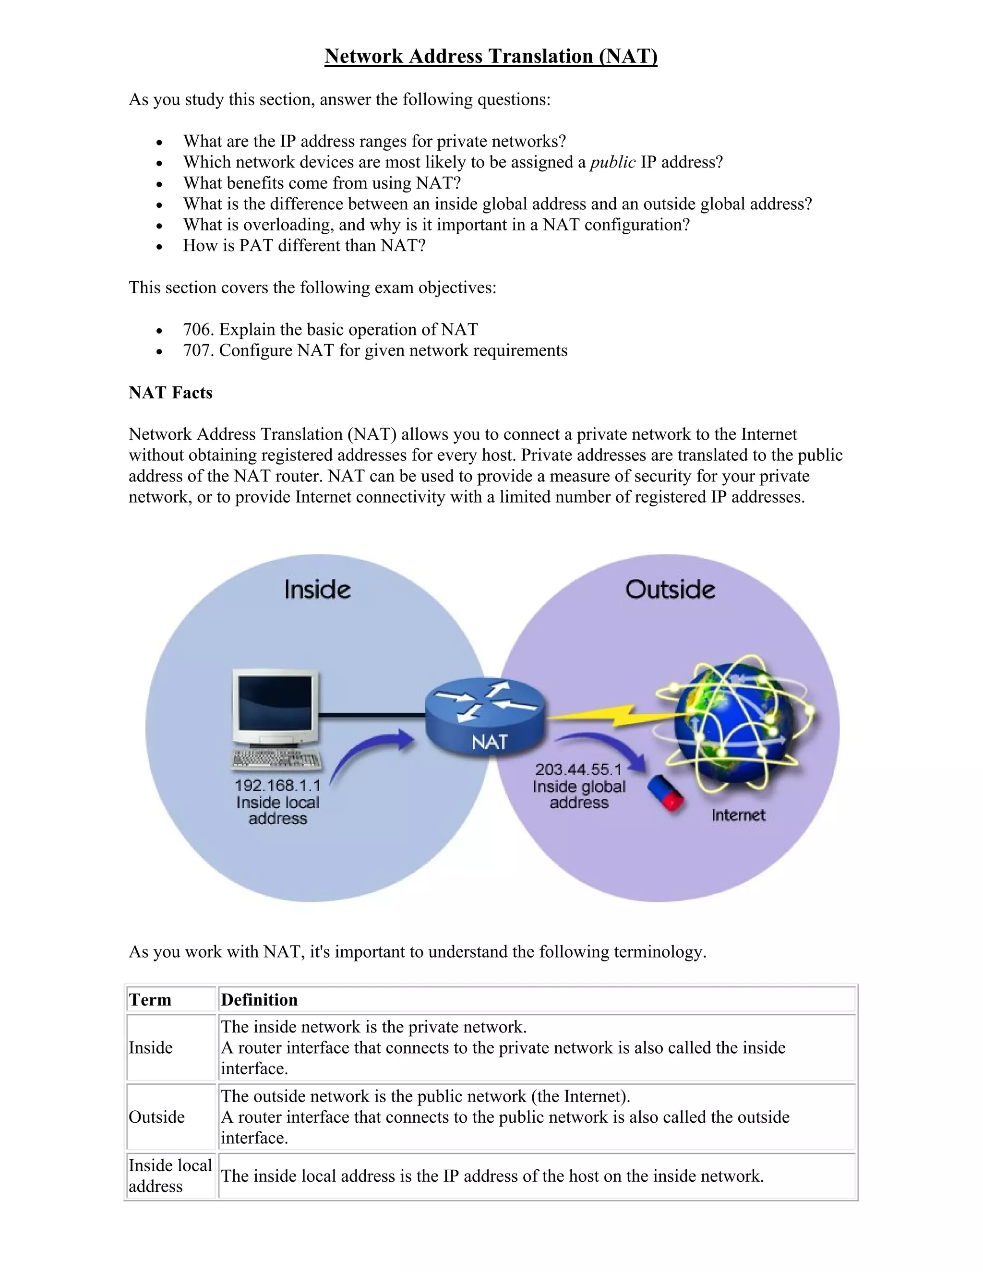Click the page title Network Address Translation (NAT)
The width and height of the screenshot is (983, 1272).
pyautogui.click(x=491, y=56)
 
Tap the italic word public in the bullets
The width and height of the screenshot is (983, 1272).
pyautogui.click(x=612, y=162)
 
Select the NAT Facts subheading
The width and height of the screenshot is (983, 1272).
pyautogui.click(x=170, y=393)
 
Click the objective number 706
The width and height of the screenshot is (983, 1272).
pyautogui.click(x=199, y=330)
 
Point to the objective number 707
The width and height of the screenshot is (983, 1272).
pyautogui.click(x=199, y=350)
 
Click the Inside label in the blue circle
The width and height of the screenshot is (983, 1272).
pyautogui.click(x=317, y=589)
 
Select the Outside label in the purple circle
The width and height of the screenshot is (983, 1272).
pyautogui.click(x=670, y=589)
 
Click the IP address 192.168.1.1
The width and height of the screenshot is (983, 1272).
pyautogui.click(x=277, y=786)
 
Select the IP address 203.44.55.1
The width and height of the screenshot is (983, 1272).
pyautogui.click(x=578, y=769)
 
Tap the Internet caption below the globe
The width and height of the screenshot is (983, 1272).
pyautogui.click(x=738, y=815)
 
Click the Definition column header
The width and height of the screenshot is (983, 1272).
pyautogui.click(x=259, y=1000)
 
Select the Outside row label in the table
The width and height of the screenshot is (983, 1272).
pyautogui.click(x=156, y=1117)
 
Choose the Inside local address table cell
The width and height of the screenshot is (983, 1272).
pyautogui.click(x=170, y=1176)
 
